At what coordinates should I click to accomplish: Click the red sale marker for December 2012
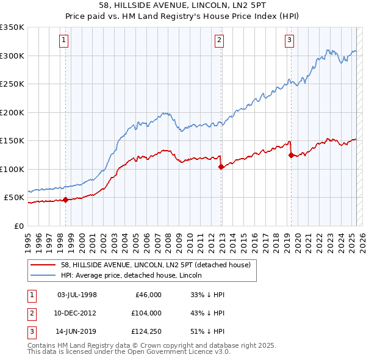(221, 167)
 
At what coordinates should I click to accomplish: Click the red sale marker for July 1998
(65, 200)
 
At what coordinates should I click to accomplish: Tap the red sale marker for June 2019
(291, 155)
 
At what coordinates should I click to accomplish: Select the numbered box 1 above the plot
(64, 41)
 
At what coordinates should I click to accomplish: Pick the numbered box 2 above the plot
(219, 41)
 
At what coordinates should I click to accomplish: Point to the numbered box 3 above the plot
(289, 41)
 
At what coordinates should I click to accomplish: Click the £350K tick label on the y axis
(12, 27)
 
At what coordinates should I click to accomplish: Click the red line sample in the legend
(43, 265)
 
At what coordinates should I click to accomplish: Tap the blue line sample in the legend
(43, 275)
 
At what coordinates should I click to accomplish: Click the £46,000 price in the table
(147, 294)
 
